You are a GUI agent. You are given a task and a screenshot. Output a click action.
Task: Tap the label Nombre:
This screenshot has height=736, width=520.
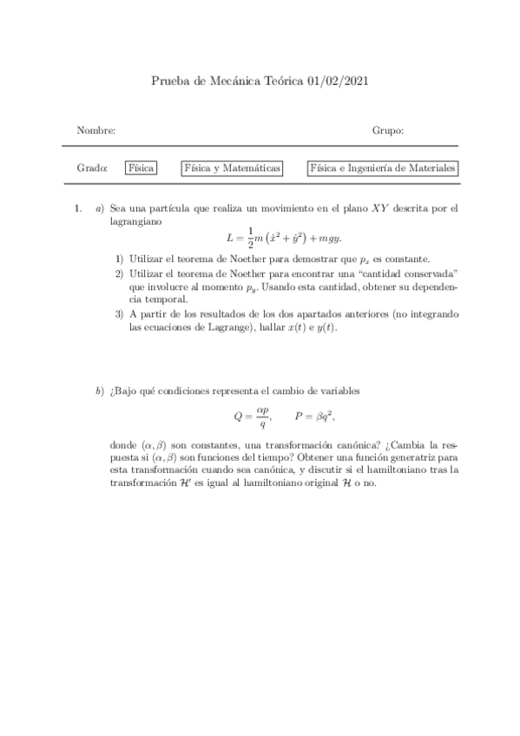[95, 130]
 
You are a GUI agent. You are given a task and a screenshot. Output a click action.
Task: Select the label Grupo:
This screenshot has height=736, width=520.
[388, 130]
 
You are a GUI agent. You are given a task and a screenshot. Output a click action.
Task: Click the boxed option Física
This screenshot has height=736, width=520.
[141, 168]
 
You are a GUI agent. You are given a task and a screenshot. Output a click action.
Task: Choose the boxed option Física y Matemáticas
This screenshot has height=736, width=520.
[232, 168]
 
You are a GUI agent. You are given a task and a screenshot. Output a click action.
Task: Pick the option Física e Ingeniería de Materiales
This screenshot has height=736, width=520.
[383, 168]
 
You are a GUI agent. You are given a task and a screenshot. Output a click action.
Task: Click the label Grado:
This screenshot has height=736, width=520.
[92, 168]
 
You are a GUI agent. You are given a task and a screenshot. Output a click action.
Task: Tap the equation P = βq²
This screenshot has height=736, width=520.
[315, 415]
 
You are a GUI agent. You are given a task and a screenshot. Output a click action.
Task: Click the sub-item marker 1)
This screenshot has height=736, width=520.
[120, 259]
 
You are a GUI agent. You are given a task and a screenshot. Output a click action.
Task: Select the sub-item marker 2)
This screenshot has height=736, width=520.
[120, 273]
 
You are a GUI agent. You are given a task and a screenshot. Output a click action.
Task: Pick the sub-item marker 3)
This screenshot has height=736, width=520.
[120, 312]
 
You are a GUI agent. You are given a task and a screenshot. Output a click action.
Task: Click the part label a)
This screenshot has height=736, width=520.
[100, 208]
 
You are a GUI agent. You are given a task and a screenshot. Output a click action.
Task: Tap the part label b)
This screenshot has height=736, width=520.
[100, 392]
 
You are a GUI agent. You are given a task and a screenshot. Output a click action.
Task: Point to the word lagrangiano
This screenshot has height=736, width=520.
[135, 222]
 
